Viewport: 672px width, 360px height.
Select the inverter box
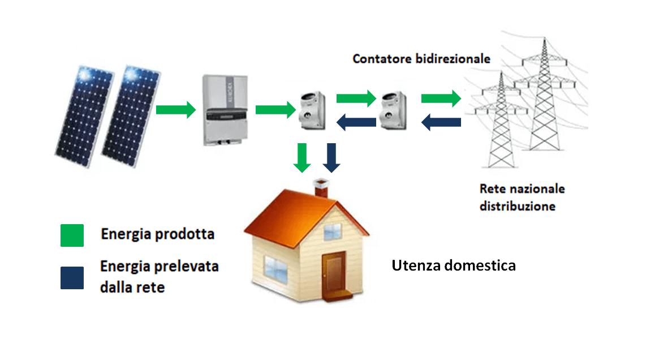223,110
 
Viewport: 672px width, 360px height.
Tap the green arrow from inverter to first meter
275,109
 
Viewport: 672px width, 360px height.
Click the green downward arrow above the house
303,158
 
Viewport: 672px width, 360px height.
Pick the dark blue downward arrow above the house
331,158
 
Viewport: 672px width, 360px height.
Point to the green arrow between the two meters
356,97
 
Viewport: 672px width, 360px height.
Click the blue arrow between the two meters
356,121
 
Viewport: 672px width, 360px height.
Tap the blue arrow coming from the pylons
441,121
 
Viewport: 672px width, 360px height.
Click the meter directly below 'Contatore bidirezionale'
394,109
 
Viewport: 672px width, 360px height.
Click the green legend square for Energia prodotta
72,235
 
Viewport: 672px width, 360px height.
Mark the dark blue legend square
72,278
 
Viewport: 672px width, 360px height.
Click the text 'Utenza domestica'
454,265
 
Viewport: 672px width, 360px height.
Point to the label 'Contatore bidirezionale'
421,59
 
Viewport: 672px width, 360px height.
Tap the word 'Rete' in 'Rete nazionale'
491,188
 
